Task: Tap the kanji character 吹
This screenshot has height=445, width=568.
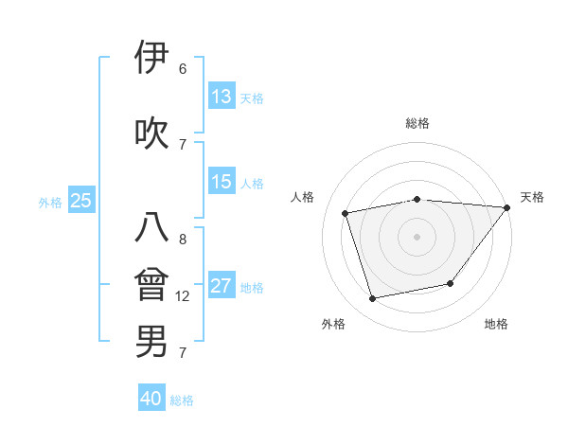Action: pyautogui.click(x=151, y=133)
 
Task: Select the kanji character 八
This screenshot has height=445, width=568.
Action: pyautogui.click(x=151, y=228)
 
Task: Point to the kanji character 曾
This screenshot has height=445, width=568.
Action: pyautogui.click(x=151, y=285)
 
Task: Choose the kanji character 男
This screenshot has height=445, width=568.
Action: pyautogui.click(x=151, y=341)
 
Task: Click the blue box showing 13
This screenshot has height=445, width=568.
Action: pyautogui.click(x=222, y=97)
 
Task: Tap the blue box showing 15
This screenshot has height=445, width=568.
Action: pyautogui.click(x=222, y=182)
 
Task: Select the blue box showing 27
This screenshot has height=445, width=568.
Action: pyautogui.click(x=222, y=286)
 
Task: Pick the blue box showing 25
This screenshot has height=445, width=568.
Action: pyautogui.click(x=80, y=201)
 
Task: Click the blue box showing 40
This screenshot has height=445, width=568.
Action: pyautogui.click(x=151, y=400)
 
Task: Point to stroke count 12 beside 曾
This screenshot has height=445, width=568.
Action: pyautogui.click(x=183, y=296)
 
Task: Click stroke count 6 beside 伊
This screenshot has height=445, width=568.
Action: pyautogui.click(x=182, y=69)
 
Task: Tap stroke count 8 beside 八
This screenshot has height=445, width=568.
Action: pyautogui.click(x=182, y=240)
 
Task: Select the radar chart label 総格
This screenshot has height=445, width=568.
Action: pyautogui.click(x=417, y=123)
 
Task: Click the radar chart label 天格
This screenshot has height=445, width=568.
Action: pyautogui.click(x=532, y=197)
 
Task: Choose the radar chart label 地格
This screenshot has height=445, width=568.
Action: pyautogui.click(x=496, y=324)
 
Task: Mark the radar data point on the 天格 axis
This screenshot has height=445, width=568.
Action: pyautogui.click(x=506, y=207)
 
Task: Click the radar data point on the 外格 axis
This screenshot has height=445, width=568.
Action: pyautogui.click(x=373, y=299)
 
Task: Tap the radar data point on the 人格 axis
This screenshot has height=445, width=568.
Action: pyautogui.click(x=346, y=213)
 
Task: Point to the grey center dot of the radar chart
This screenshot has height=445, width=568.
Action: pyautogui.click(x=417, y=236)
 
